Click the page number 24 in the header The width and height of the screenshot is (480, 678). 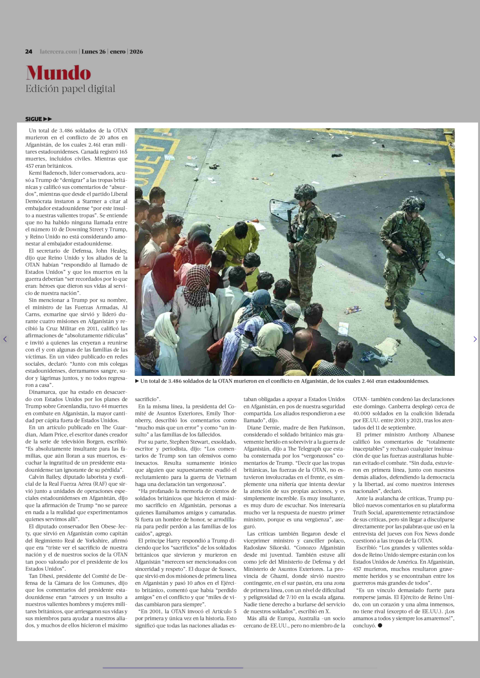[29, 52]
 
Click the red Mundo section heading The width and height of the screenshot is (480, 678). [58, 73]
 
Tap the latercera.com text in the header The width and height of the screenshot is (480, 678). [59, 52]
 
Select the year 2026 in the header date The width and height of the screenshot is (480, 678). [136, 52]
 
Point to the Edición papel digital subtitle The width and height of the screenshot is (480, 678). [70, 89]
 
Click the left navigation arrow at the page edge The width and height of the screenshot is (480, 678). [5, 339]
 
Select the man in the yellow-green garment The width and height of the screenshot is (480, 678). [236, 242]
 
